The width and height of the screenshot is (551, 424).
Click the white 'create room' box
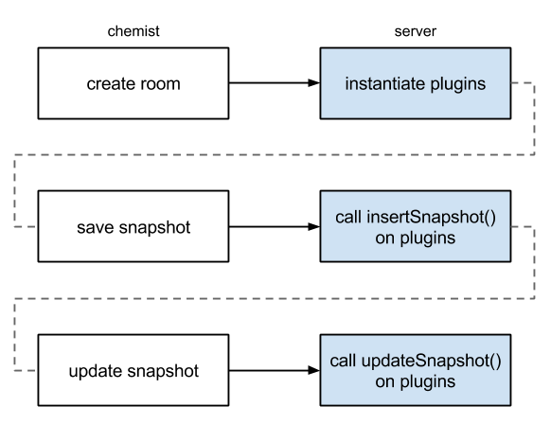click(133, 84)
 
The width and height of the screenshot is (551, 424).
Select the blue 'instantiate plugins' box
click(416, 84)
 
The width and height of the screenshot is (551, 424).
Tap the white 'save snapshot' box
click(133, 227)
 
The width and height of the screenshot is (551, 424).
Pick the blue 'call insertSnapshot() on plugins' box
click(416, 227)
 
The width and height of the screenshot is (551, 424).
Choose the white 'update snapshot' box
click(133, 370)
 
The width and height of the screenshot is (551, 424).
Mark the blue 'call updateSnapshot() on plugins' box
click(416, 370)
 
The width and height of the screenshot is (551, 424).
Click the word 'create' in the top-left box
click(108, 84)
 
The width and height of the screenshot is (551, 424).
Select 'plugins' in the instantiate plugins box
click(459, 84)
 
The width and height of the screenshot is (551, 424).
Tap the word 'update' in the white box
click(96, 371)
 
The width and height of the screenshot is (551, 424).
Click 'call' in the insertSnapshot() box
click(347, 218)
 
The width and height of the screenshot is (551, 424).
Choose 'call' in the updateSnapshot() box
click(343, 362)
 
